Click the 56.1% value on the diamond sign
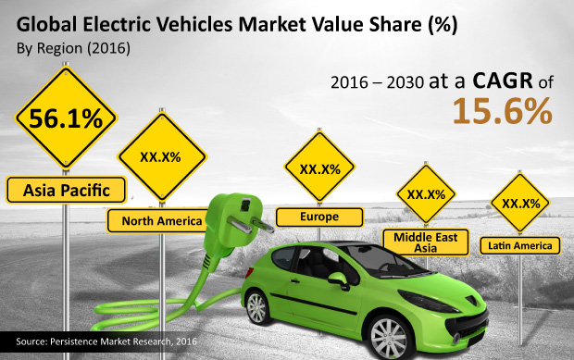click(66, 118)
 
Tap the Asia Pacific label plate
click(66, 190)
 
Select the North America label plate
click(158, 221)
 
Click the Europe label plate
click(319, 217)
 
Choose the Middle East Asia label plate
click(425, 242)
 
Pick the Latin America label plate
click(519, 245)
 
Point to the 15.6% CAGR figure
click(502, 111)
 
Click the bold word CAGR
click(503, 81)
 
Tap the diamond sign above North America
click(162, 157)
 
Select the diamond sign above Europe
click(319, 168)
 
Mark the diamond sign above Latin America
click(519, 203)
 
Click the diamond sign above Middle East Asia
click(426, 194)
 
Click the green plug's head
click(234, 219)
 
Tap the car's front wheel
click(389, 336)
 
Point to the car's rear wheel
click(257, 307)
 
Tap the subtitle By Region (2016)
click(73, 48)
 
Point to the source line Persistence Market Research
click(106, 341)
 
